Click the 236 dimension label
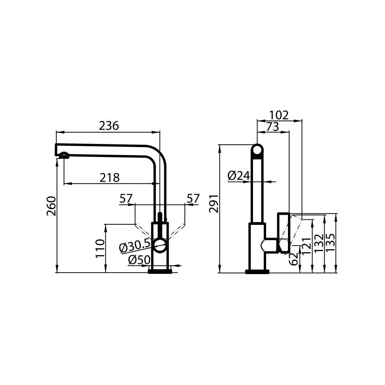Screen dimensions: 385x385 click(x=109, y=126)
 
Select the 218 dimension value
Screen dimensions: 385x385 click(x=110, y=177)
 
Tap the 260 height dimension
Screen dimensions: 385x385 click(x=52, y=206)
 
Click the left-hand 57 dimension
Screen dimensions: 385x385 click(x=126, y=199)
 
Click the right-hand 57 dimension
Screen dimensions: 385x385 click(x=193, y=199)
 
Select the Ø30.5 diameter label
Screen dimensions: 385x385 click(x=135, y=246)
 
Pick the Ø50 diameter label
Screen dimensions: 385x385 click(x=139, y=260)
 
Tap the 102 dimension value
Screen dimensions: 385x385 click(x=279, y=115)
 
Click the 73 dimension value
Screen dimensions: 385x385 click(x=272, y=127)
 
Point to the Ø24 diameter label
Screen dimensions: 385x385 click(x=239, y=176)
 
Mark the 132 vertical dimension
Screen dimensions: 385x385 click(x=319, y=243)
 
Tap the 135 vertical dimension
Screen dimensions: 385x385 click(x=331, y=243)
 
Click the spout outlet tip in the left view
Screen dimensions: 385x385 click(x=64, y=156)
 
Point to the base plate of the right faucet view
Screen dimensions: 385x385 click(x=257, y=272)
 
